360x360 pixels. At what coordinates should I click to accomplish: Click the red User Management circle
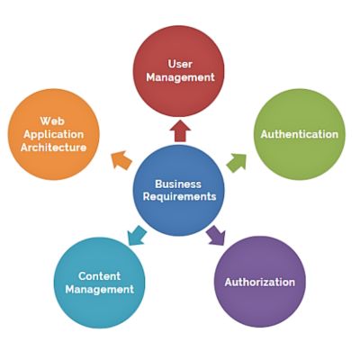point(180,70)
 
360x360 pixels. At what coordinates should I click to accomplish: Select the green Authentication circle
point(299,134)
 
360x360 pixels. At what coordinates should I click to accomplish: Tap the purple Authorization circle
point(260,282)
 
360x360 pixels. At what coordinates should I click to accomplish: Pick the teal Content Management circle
point(100,282)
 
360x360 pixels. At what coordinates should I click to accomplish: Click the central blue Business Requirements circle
point(178,189)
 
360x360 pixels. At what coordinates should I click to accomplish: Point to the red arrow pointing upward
point(180,131)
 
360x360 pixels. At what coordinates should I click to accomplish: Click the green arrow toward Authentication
point(235,162)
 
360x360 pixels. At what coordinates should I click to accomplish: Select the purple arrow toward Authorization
point(216,236)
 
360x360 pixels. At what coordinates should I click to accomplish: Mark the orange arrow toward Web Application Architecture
point(121,161)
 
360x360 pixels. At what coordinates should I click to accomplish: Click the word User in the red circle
point(180,63)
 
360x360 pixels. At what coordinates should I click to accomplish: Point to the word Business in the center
point(178,182)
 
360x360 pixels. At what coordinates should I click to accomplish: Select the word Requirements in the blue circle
point(178,196)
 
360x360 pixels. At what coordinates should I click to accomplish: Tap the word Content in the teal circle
point(99,275)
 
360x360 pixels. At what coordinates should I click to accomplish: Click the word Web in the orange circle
point(50,120)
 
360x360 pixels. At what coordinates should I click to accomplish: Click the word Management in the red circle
point(180,77)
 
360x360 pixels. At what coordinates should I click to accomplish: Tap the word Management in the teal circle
point(99,289)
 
